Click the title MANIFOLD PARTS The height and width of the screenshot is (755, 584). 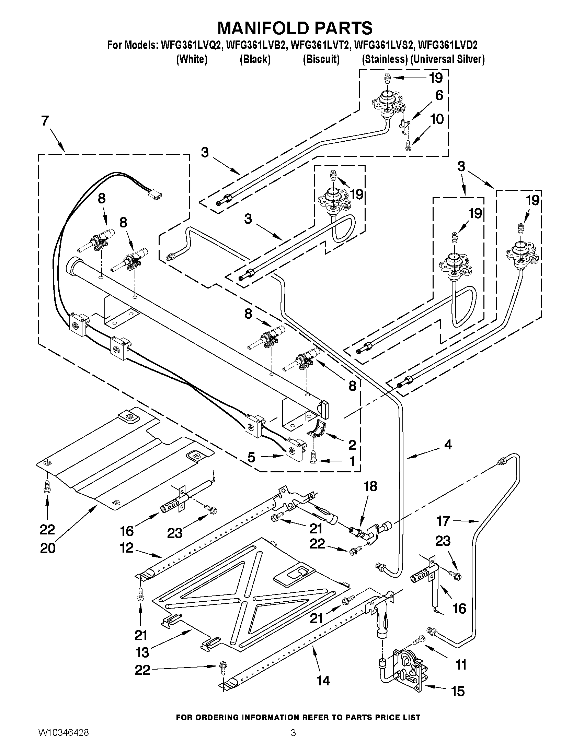tap(295, 28)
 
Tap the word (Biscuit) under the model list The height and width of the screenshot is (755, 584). tap(321, 59)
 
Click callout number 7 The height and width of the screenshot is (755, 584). tap(45, 121)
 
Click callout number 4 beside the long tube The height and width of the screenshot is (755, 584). tap(448, 445)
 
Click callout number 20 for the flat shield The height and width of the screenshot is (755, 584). tap(48, 548)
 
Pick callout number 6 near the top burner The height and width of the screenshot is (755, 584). tap(439, 95)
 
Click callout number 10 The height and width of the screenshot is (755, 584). tap(437, 119)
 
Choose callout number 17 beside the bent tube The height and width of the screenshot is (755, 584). tap(443, 521)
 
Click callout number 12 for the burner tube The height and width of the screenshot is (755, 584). tap(127, 548)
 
